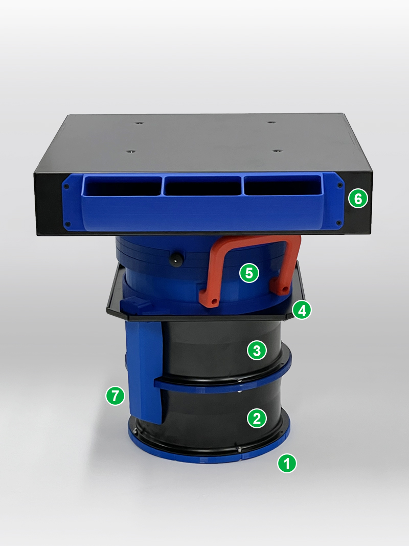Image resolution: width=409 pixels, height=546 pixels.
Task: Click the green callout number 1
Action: click(x=287, y=464)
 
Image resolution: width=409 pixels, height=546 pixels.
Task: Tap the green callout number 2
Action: click(x=257, y=418)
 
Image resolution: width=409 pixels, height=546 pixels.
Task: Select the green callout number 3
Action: click(x=257, y=351)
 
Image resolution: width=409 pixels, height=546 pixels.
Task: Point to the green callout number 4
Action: click(x=302, y=310)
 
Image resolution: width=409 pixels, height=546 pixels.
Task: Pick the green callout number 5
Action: click(x=249, y=273)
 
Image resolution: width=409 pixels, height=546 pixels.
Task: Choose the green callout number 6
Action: click(x=358, y=199)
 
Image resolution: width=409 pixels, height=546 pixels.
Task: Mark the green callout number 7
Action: click(x=115, y=396)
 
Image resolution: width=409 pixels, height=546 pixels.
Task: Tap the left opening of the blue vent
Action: click(x=122, y=185)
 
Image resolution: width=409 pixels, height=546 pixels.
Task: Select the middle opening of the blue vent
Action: click(x=202, y=185)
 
